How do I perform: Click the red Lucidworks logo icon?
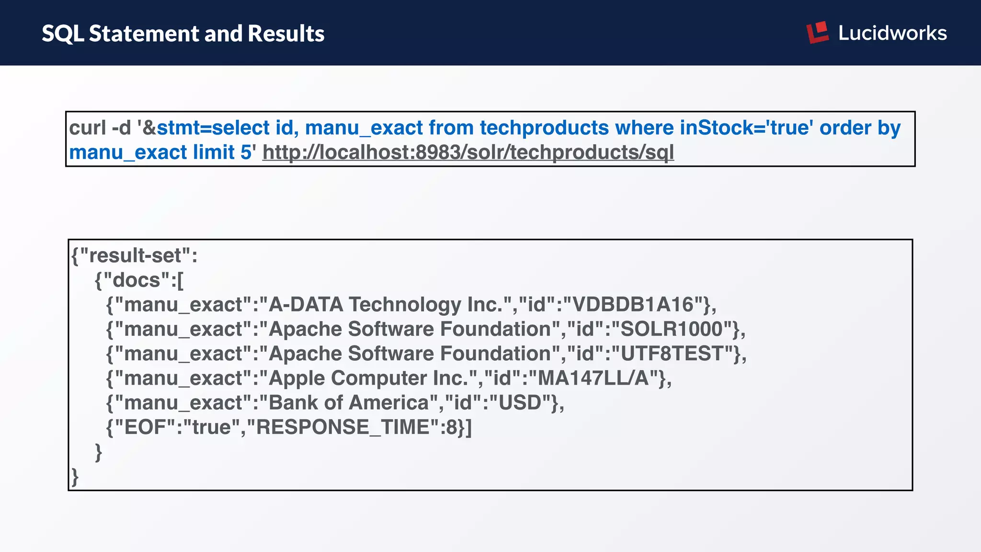coord(818,32)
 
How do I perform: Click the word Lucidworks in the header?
coord(892,33)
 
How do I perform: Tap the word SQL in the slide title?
coord(63,34)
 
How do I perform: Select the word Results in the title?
coord(286,34)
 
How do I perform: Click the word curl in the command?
coord(88,128)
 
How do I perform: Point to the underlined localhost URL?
coord(468,152)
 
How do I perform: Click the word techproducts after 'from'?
coord(544,128)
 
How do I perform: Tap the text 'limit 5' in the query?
coord(222,152)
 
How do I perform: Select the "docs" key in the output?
coord(136,280)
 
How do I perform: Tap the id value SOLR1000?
coord(671,329)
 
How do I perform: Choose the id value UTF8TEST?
coord(672,354)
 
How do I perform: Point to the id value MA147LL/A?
coord(593,378)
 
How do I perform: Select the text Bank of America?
coord(349,402)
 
